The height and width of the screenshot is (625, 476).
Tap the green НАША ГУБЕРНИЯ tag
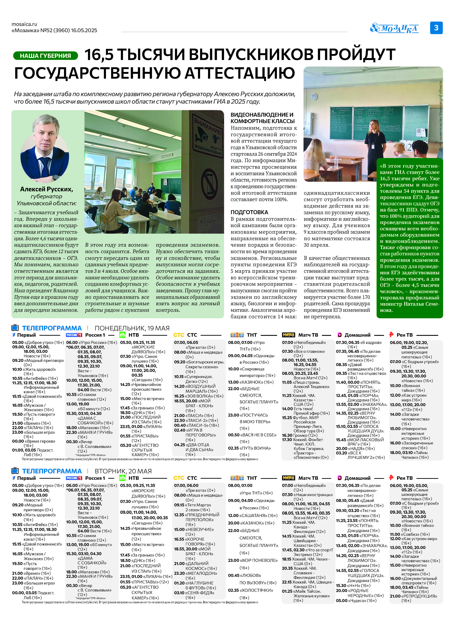coord(45,56)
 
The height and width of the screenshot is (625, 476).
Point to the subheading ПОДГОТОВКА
coord(249,212)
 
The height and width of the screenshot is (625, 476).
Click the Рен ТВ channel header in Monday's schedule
coord(404,335)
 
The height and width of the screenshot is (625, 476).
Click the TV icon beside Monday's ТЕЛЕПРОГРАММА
coord(15,328)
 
